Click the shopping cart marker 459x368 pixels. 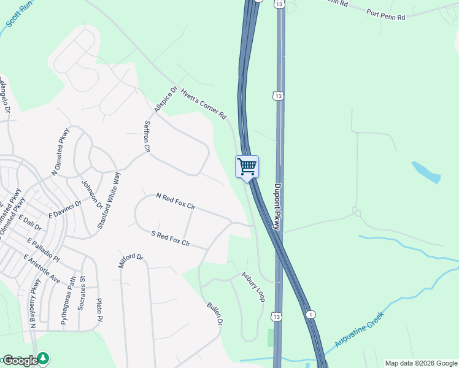[247, 167]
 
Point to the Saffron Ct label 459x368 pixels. [147, 136]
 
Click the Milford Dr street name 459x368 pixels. [130, 264]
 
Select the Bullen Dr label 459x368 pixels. [214, 313]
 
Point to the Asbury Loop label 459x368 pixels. [253, 286]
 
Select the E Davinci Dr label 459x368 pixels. [65, 209]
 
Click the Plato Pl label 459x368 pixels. [98, 310]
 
